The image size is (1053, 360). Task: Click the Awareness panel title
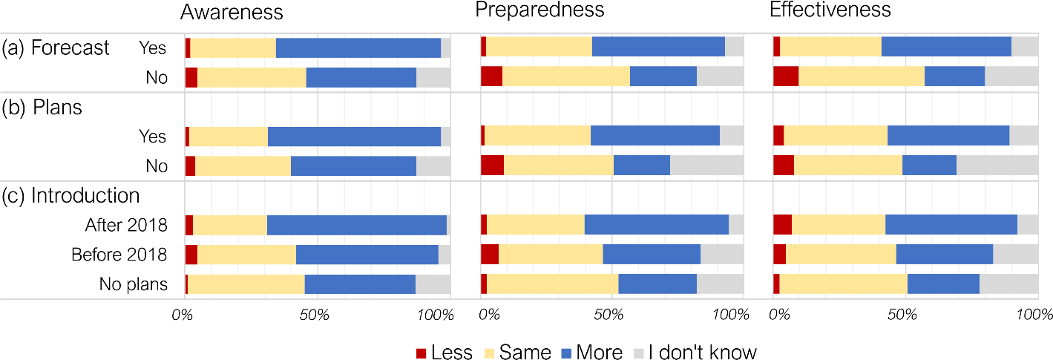coord(232,12)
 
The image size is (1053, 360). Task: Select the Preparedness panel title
coord(539,10)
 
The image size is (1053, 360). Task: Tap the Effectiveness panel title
coord(830,10)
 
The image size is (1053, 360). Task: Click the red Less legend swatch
coord(421,352)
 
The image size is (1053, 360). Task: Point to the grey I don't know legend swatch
coord(639,352)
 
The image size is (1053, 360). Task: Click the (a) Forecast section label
coord(56,48)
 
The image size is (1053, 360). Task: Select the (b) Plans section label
coord(42,107)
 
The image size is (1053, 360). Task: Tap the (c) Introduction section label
coord(70,195)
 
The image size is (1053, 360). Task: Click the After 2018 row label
coord(126,225)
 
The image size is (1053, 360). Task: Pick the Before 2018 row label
coord(119,255)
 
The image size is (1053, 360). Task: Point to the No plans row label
coord(134,284)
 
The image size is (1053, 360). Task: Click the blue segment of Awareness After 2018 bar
coord(356,225)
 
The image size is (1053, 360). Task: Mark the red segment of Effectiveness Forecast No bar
coord(786,76)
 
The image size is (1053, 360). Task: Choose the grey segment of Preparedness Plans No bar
coord(706,166)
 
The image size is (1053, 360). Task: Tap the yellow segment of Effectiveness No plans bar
coord(843,284)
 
